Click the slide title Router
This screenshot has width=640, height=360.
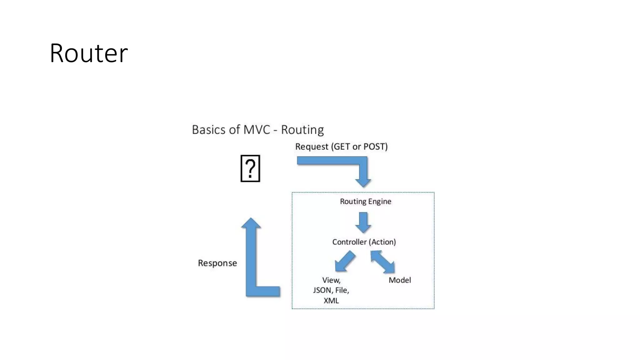pyautogui.click(x=89, y=53)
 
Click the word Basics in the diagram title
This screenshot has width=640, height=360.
pyautogui.click(x=208, y=130)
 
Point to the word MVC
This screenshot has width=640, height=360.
pyautogui.click(x=257, y=130)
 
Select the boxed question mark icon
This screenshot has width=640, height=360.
pyautogui.click(x=250, y=168)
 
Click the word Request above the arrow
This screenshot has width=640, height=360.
pyautogui.click(x=312, y=147)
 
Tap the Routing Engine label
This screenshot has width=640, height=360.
pyautogui.click(x=365, y=202)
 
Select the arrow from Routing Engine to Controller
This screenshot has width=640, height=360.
pyautogui.click(x=363, y=222)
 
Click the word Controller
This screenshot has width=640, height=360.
pyautogui.click(x=349, y=242)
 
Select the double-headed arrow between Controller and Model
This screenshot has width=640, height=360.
pyautogui.click(x=383, y=262)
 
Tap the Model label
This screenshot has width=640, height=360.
pyautogui.click(x=400, y=280)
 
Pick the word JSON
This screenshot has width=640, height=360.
pyautogui.click(x=322, y=290)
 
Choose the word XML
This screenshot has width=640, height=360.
pyautogui.click(x=331, y=301)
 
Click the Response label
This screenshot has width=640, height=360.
pyautogui.click(x=217, y=263)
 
